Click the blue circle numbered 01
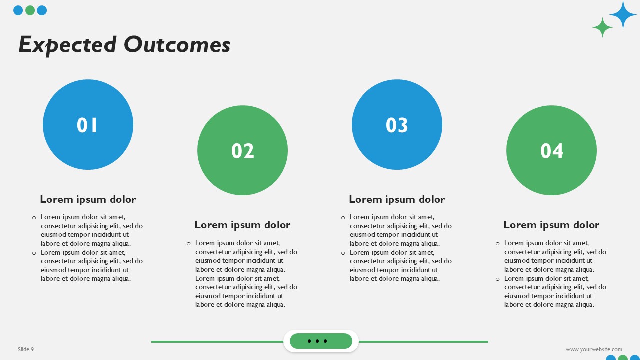88,125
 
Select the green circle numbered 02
242,150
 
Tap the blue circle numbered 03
397,125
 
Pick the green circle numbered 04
551,150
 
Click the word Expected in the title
67,45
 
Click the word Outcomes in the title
177,45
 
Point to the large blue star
623,14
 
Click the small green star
603,27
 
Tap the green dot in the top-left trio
30,10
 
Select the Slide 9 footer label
26,349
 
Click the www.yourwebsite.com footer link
594,349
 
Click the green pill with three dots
321,341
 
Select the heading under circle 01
88,199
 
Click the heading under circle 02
242,225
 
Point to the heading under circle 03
397,199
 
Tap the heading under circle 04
551,225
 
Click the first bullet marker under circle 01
34,218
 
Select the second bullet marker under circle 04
497,279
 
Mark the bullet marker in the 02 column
188,244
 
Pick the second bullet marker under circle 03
343,253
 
